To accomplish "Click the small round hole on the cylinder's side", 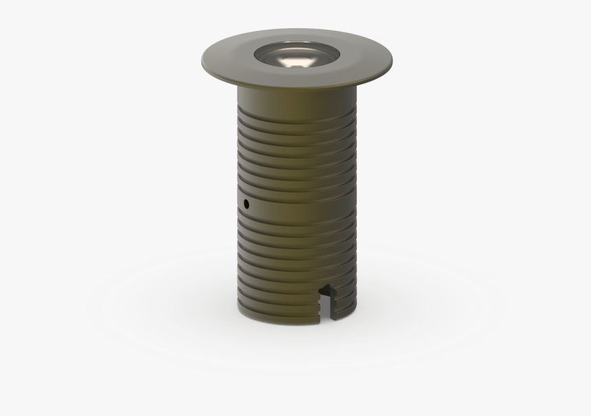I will point(246,203).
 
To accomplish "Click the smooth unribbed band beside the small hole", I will point(295,206).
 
